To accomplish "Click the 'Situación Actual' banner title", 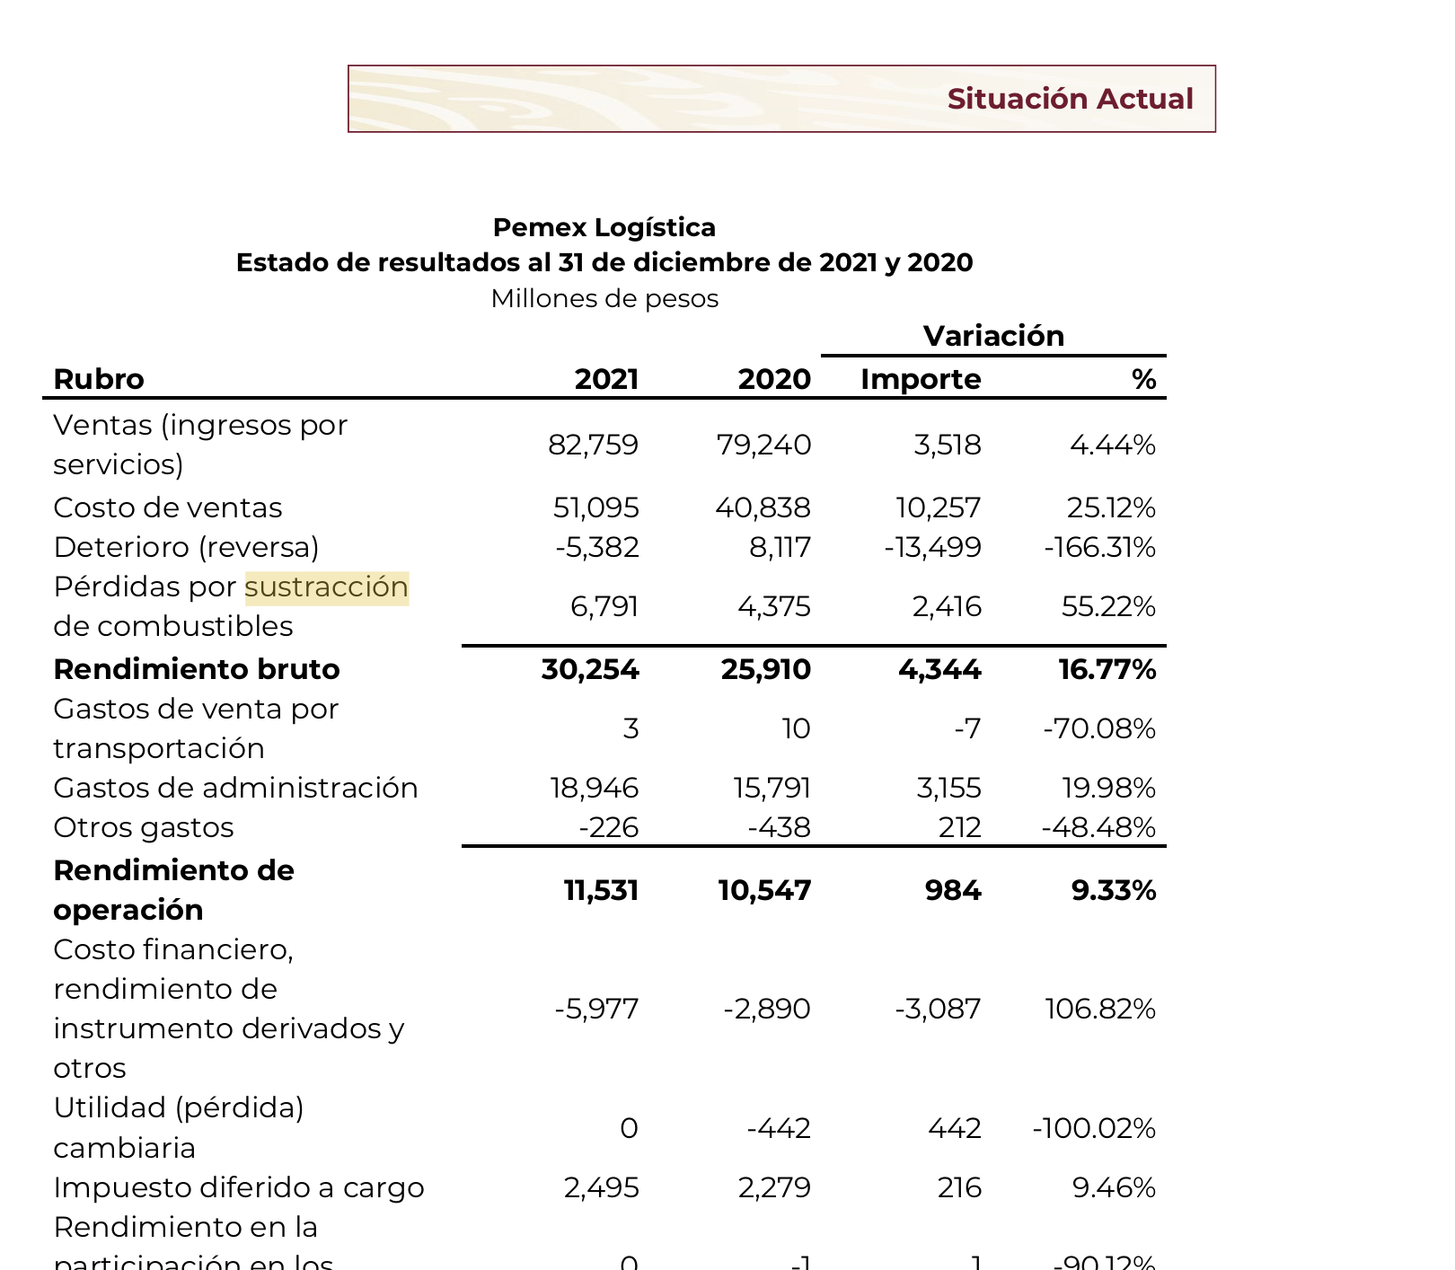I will (1070, 99).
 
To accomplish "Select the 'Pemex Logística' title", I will (604, 227).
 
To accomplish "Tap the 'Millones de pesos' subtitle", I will (604, 298).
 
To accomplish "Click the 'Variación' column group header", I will (993, 336).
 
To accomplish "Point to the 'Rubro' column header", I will (99, 379).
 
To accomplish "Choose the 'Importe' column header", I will (921, 379).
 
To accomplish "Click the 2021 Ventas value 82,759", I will (593, 445).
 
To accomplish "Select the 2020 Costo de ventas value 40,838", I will (763, 508).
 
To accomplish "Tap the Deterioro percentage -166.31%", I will (1099, 547).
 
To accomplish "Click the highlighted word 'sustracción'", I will (327, 587).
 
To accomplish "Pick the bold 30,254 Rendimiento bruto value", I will (590, 669).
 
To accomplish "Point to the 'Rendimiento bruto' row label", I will (197, 669).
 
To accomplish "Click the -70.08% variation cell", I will (1099, 728).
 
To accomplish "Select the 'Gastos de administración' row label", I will (235, 788).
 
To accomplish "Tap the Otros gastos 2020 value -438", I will (779, 827).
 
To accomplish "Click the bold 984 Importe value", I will (953, 890).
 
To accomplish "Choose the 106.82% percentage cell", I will (1100, 1009).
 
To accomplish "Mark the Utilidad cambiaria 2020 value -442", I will (779, 1128).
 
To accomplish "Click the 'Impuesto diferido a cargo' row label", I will (239, 1187).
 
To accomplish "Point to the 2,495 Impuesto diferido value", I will (602, 1187).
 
